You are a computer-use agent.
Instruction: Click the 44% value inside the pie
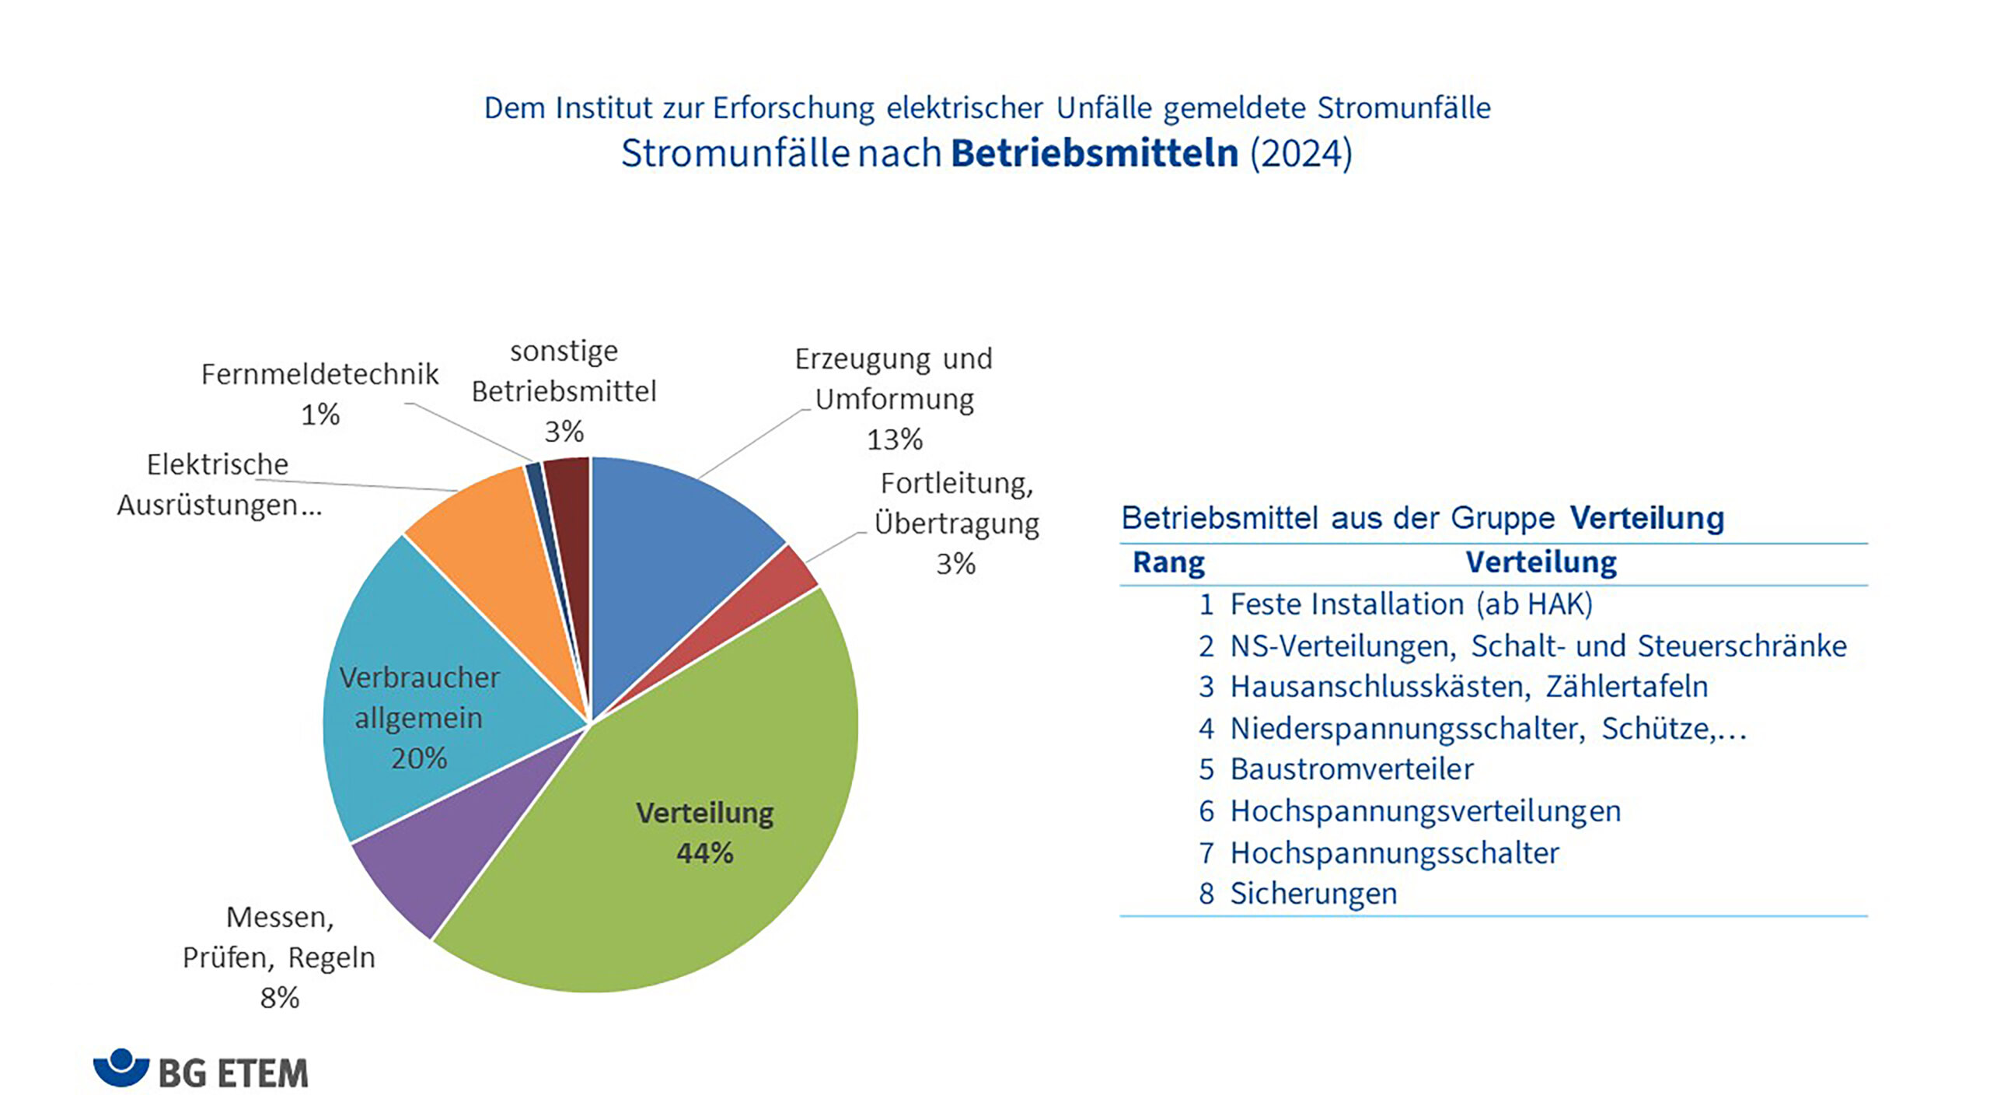(705, 853)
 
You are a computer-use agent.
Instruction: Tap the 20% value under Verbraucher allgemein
(419, 758)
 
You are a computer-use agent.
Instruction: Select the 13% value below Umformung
(895, 439)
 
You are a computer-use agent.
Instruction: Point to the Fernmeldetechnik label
(319, 374)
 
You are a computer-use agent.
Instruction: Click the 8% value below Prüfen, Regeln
(280, 997)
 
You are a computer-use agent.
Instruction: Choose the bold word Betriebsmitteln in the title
(1094, 152)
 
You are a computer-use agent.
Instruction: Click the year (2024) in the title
(1301, 153)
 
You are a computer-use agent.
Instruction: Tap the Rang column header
(1168, 562)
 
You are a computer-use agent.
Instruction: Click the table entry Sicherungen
(1314, 894)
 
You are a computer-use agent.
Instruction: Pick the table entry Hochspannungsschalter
(1395, 853)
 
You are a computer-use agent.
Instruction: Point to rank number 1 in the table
(1206, 604)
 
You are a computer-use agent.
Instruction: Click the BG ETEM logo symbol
(121, 1068)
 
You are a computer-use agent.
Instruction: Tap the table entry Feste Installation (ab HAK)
(1412, 604)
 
